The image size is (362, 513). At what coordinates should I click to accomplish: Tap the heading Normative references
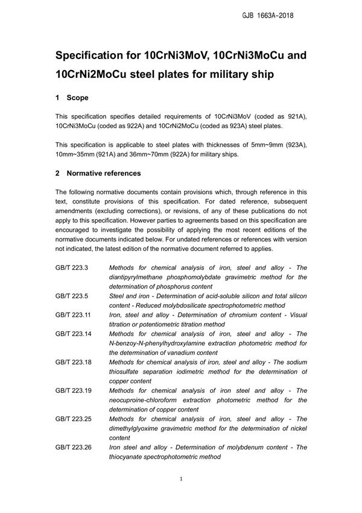click(104, 173)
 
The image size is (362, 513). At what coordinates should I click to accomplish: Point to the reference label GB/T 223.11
click(74, 315)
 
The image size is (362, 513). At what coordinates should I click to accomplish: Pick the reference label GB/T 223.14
click(74, 334)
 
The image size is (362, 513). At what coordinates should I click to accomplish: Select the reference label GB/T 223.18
click(74, 362)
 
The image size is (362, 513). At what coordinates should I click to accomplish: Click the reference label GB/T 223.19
click(74, 390)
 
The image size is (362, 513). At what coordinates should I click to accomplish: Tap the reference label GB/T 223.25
click(74, 419)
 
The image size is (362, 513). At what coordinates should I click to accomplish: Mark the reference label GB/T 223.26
click(74, 447)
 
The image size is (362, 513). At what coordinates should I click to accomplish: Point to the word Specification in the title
click(94, 56)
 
